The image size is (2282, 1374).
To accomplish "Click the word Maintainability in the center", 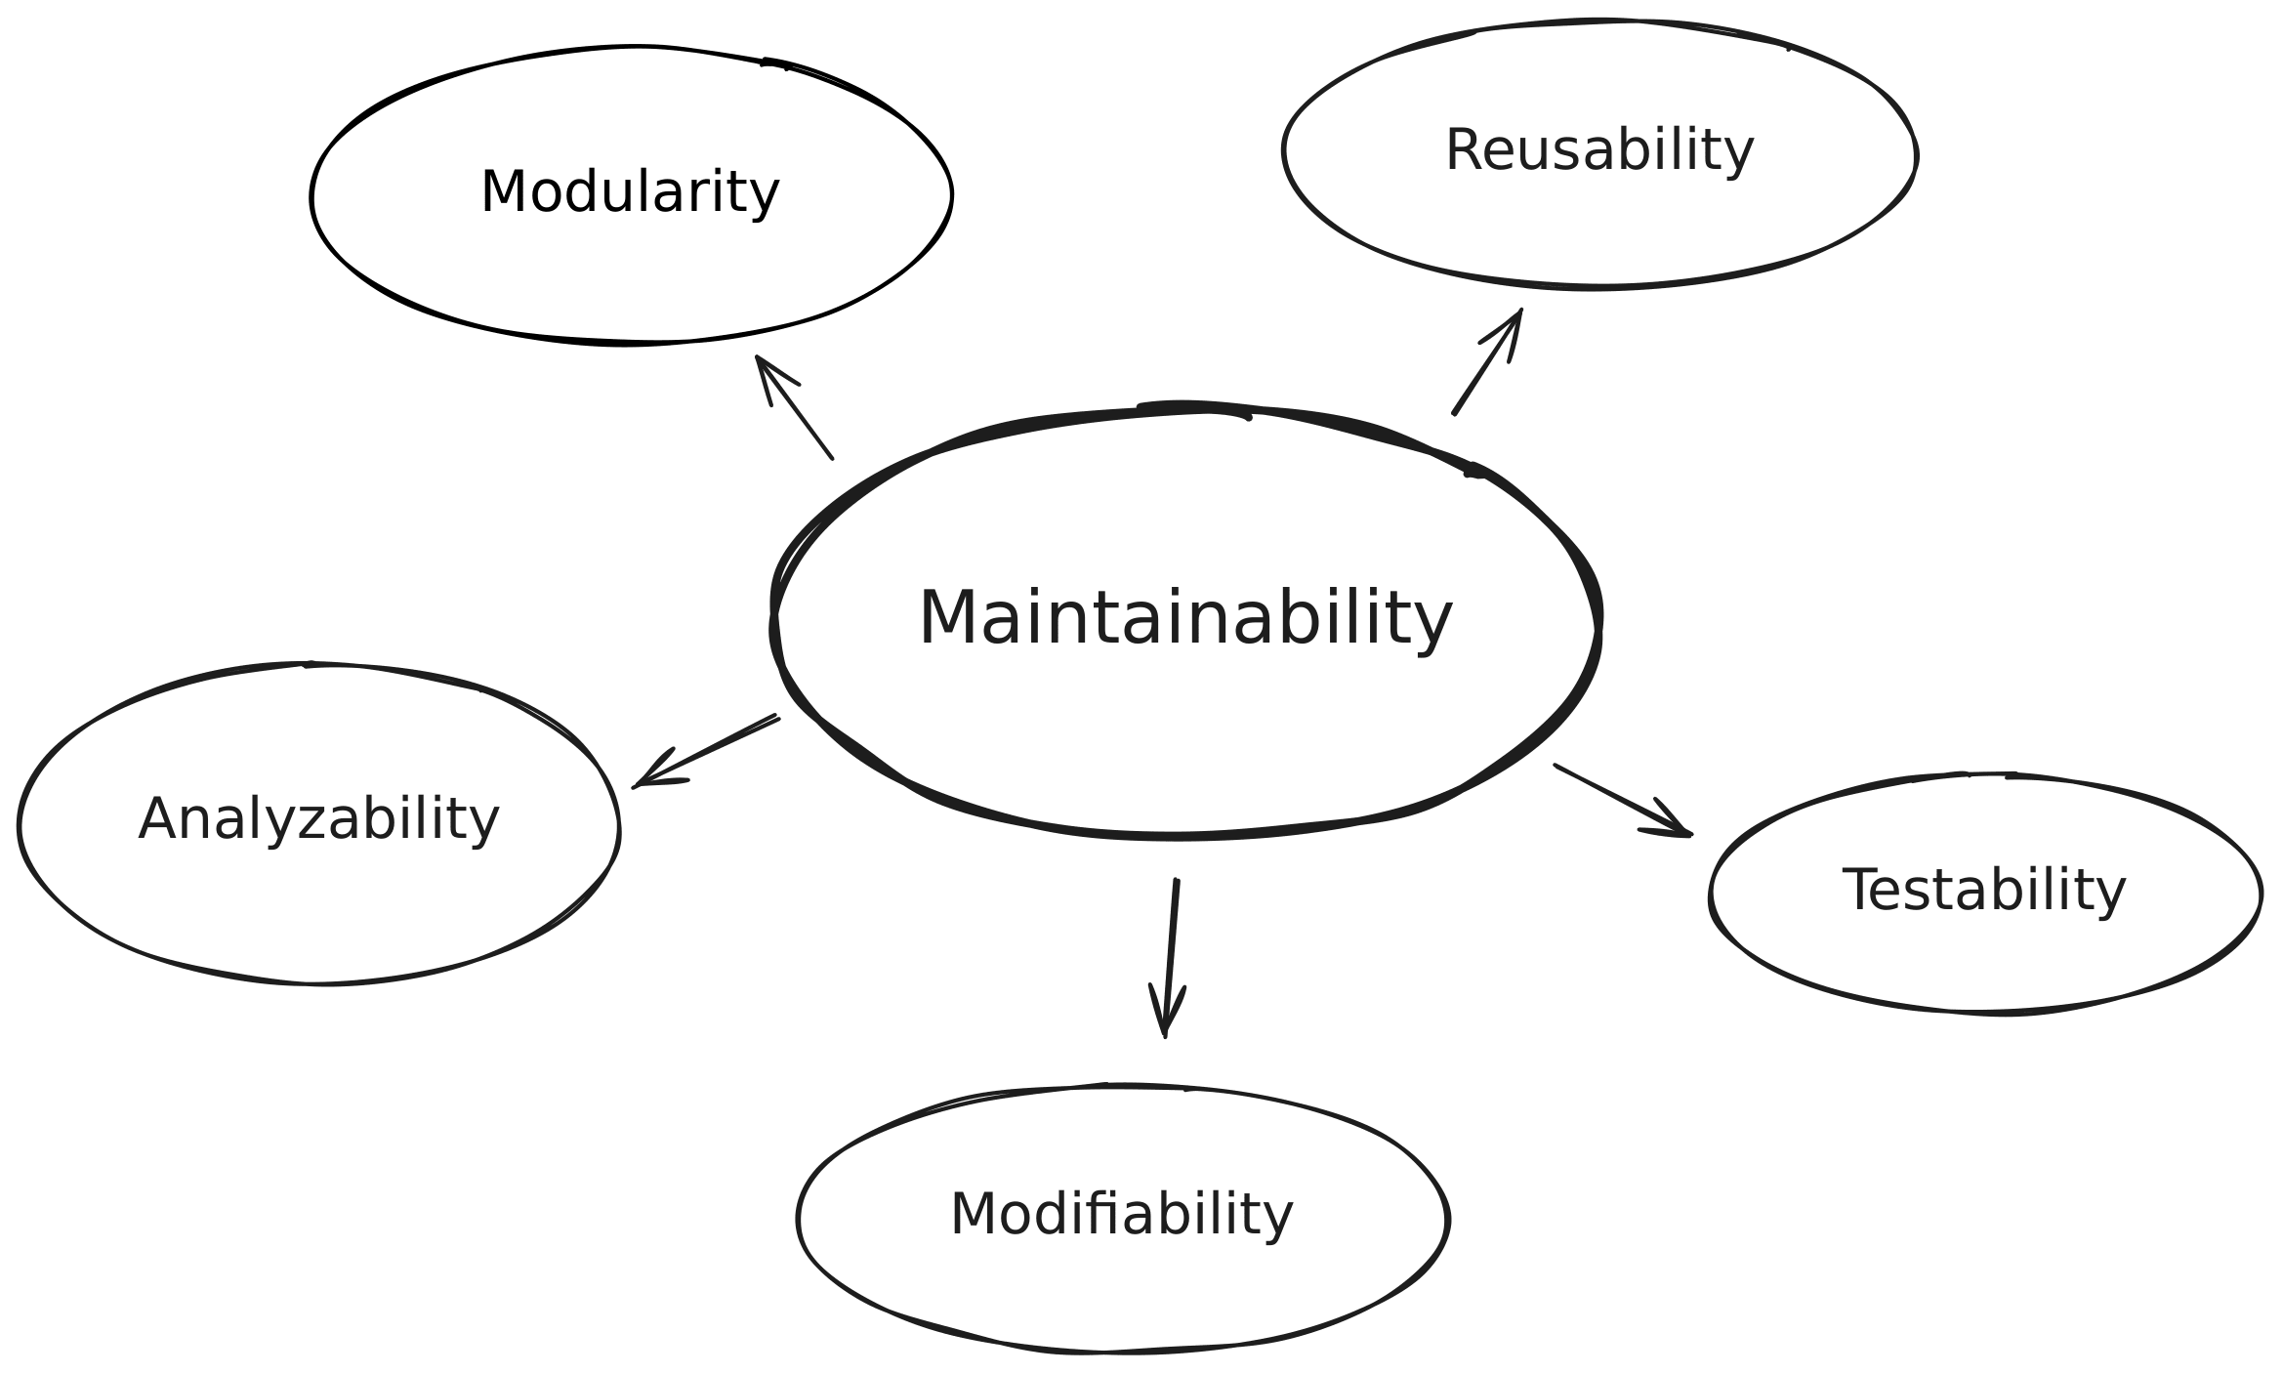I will (1185, 618).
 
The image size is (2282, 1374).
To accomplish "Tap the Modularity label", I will (630, 191).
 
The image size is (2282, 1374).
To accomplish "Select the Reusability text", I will (1598, 150).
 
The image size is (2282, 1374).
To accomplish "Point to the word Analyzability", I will (318, 818).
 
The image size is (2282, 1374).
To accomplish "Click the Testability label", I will (1983, 890).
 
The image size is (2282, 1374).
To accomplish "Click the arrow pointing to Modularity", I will (794, 407).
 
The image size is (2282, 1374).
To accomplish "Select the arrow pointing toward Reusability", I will (1487, 362).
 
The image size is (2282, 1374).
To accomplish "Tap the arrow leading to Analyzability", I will (706, 752).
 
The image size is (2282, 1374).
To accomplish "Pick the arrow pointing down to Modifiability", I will (1171, 957).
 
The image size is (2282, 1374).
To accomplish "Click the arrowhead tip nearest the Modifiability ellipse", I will (1164, 1034).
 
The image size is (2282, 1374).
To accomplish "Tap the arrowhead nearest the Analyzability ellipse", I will (636, 786).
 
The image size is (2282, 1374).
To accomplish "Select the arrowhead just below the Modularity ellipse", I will (758, 358).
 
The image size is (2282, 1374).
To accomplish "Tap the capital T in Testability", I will (1858, 890).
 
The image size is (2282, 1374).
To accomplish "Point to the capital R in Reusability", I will (1463, 150).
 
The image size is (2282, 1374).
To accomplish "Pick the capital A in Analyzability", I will (157, 818).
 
